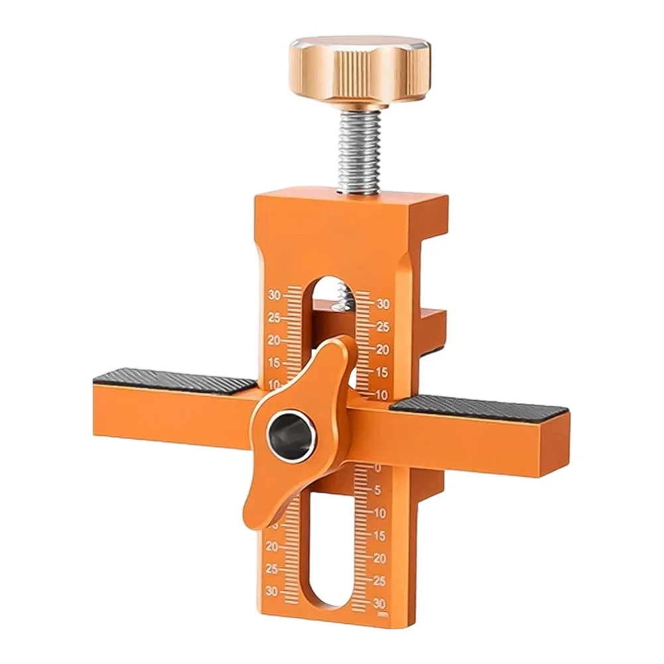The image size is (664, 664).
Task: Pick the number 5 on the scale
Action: click(x=377, y=490)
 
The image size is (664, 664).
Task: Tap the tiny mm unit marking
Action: click(x=383, y=613)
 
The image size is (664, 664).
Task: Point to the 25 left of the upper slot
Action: click(x=274, y=318)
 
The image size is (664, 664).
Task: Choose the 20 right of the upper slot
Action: click(x=382, y=349)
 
